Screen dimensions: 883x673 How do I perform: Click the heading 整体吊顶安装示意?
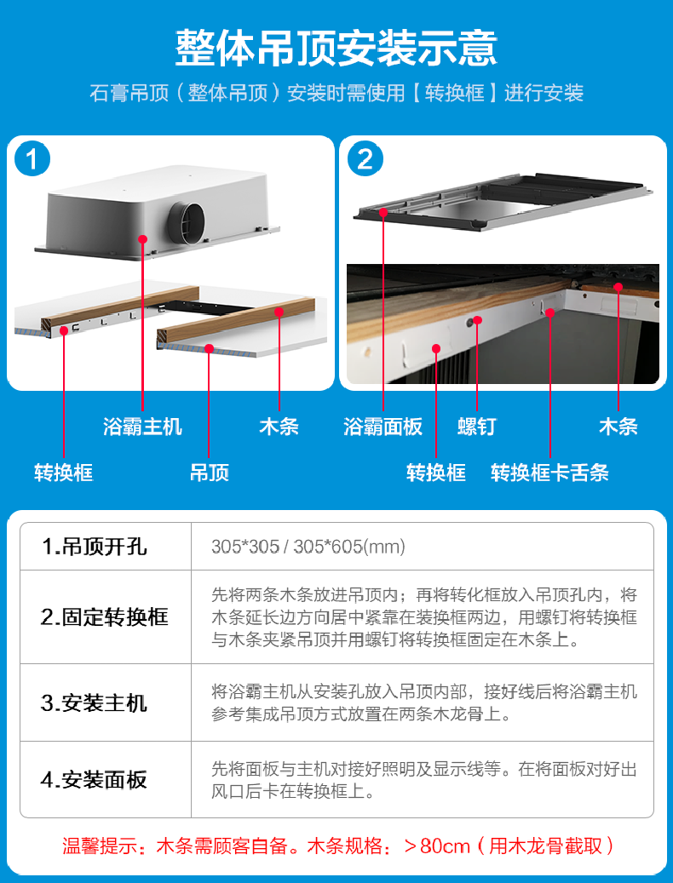336,47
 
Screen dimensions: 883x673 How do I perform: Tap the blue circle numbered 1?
32,159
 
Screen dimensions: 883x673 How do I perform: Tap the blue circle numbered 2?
365,159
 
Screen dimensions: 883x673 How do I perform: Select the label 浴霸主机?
142,427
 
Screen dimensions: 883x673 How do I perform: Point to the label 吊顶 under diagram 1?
209,472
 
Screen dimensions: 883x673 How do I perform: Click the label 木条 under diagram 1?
279,427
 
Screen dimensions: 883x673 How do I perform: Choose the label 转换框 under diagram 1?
63,472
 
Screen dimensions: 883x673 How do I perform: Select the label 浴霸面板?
383,427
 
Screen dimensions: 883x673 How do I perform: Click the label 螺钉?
476,427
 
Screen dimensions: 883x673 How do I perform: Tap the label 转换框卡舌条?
549,472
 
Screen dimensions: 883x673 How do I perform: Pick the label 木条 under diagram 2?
618,427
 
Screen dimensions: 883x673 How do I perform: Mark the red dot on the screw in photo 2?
478,320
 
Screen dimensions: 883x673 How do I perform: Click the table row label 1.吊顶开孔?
95,547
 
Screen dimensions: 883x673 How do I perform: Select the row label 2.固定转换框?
105,617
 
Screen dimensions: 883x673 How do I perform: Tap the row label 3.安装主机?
95,703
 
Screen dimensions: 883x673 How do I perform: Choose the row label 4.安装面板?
95,780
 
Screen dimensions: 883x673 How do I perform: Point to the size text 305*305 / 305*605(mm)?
308,547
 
